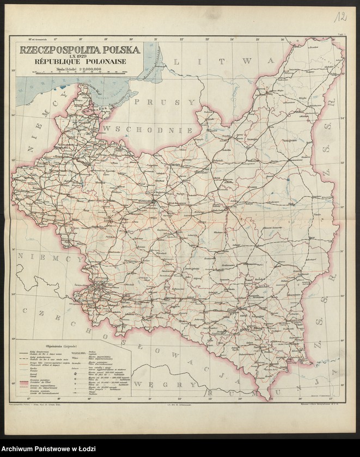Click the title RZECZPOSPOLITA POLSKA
point(80,50)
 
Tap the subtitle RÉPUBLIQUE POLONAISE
point(80,62)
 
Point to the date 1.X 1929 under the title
point(80,56)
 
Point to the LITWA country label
point(223,61)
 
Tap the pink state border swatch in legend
point(23,384)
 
